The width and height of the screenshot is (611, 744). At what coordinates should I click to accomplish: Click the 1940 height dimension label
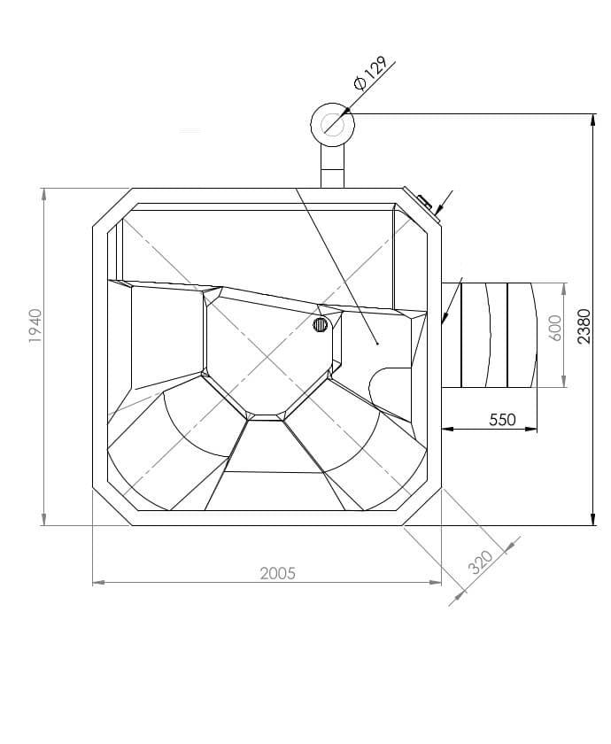click(35, 326)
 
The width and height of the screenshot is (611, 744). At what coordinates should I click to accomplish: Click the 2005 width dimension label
click(277, 573)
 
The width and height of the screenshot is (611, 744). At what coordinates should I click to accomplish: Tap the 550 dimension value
click(502, 420)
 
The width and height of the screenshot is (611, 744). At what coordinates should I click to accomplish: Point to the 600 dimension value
click(555, 328)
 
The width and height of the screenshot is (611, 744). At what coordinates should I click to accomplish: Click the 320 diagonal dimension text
click(480, 562)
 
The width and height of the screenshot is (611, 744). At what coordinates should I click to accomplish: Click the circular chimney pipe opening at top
click(333, 123)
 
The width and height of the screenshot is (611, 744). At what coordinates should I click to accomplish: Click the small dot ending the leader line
click(377, 343)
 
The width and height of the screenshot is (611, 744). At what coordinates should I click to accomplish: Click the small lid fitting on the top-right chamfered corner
click(423, 201)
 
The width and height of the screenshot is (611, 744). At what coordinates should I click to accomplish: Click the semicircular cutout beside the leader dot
click(385, 388)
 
